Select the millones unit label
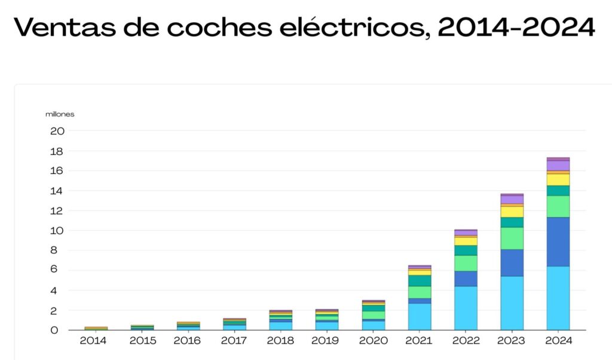tap(60, 114)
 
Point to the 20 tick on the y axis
tap(57, 130)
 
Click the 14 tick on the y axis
tap(57, 191)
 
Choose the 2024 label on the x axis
tap(558, 341)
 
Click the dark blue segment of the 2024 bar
tap(558, 242)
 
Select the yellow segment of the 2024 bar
tap(558, 179)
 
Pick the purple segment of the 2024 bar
tap(558, 165)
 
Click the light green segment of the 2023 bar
tap(512, 238)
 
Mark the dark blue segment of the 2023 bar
tap(512, 263)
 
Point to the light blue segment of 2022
tap(465, 307)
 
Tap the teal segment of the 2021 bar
tap(419, 280)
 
